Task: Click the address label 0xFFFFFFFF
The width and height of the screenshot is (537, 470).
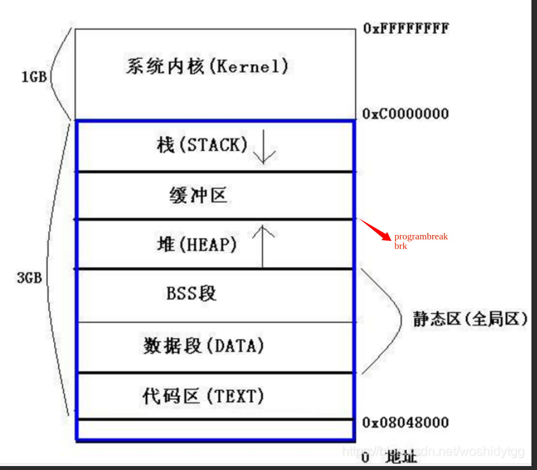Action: tap(406, 28)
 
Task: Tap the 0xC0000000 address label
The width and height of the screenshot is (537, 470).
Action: tap(406, 114)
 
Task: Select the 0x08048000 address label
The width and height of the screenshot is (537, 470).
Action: tap(406, 422)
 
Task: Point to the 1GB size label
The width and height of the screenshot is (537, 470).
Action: tap(34, 76)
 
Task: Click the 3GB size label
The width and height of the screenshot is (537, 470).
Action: tap(29, 278)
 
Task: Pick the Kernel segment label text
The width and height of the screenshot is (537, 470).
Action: tap(207, 66)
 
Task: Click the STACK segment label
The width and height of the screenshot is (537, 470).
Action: tap(202, 145)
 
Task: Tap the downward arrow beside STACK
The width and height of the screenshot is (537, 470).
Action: tap(264, 147)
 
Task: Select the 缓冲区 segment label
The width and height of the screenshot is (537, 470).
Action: tap(198, 196)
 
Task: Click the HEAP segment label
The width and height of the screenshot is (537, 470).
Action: tap(197, 245)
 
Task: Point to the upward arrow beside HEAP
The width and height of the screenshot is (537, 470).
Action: tap(263, 245)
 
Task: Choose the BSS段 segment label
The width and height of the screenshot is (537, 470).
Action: tap(191, 294)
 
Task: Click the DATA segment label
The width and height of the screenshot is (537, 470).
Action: tap(204, 345)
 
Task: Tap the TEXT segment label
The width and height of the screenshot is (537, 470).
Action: tap(203, 396)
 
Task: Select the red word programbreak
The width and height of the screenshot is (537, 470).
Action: tap(421, 237)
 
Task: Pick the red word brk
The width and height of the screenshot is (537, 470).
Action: tap(400, 246)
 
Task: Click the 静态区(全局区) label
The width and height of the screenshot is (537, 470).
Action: tap(470, 319)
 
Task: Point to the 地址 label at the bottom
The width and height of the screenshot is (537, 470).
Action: tap(400, 457)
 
